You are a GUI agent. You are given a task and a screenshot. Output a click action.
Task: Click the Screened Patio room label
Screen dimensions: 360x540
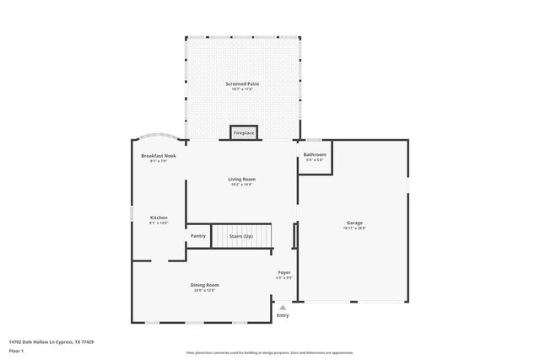tap(241, 84)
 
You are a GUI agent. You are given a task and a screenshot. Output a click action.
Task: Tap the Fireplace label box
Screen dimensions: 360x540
tap(244, 133)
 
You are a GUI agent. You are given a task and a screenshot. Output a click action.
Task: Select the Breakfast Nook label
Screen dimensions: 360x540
tap(158, 156)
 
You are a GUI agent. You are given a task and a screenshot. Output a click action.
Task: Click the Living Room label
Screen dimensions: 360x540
tap(241, 179)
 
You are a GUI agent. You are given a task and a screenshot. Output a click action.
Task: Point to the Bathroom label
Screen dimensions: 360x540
tap(315, 154)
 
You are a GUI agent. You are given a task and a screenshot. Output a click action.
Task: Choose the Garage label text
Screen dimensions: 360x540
tap(354, 223)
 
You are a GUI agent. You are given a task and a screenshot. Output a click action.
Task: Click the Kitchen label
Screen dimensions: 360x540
tap(159, 218)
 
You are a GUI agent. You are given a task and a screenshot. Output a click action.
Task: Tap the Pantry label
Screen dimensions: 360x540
tap(198, 236)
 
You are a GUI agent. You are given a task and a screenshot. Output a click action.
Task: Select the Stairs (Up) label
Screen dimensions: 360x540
tap(242, 236)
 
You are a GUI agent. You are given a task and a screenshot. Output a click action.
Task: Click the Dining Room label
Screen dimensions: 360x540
tap(204, 285)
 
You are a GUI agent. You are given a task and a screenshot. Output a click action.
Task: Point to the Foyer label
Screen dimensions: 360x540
tap(284, 272)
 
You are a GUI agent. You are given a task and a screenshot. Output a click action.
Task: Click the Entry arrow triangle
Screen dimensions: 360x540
tap(283, 308)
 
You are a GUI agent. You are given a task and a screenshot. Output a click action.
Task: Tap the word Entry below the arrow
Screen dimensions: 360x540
tap(283, 315)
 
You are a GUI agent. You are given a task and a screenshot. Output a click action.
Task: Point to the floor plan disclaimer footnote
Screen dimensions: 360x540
tap(269, 352)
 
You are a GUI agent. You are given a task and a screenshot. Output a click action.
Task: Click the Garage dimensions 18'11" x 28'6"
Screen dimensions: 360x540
tap(354, 228)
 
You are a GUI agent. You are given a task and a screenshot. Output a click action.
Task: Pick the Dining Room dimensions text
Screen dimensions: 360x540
tap(204, 290)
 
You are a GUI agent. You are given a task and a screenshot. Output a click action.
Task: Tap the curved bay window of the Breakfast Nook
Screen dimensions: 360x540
tap(159, 137)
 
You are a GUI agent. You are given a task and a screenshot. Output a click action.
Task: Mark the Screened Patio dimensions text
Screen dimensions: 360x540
tap(241, 89)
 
